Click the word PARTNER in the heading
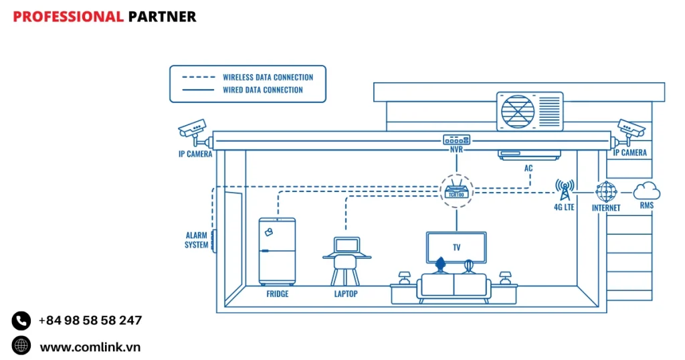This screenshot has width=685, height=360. [x=162, y=17]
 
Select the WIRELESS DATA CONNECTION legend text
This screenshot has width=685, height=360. [x=268, y=77]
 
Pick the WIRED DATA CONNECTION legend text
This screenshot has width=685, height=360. [x=262, y=90]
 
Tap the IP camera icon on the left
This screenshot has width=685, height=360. [x=193, y=128]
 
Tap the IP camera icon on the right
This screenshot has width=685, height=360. [x=630, y=128]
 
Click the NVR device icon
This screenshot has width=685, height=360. [x=456, y=140]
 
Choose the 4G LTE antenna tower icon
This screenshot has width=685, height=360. [x=564, y=189]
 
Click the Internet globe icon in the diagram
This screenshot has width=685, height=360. [x=606, y=191]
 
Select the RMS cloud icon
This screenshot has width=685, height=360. [x=646, y=191]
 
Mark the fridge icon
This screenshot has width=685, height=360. [x=277, y=250]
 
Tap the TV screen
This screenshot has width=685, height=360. [x=456, y=246]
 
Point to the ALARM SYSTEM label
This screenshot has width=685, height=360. [x=197, y=240]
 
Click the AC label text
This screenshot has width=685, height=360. [x=528, y=168]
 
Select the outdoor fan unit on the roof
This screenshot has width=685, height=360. [x=529, y=112]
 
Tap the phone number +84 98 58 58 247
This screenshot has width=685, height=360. [x=90, y=321]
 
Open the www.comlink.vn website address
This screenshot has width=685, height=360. [x=90, y=347]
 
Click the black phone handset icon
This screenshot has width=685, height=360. [x=21, y=321]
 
